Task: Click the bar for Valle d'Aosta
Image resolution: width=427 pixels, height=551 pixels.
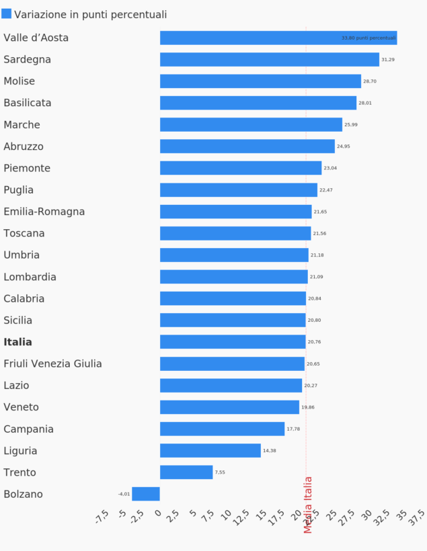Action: tap(278, 38)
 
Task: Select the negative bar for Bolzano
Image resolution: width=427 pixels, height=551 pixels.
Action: tap(146, 494)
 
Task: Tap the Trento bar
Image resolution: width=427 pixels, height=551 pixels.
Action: tap(186, 472)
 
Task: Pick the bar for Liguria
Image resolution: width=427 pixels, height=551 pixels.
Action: tap(210, 451)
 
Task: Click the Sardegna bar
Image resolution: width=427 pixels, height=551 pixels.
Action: tap(269, 60)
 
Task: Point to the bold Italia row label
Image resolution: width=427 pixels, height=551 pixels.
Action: tap(18, 342)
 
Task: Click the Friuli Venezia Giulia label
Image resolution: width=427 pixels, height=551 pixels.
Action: tap(53, 364)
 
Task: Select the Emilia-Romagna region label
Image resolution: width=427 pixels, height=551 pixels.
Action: tap(44, 212)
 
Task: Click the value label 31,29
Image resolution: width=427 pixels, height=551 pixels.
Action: tap(388, 60)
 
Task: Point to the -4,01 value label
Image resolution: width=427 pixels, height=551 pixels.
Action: tap(124, 494)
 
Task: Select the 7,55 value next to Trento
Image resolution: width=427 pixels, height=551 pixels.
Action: tap(220, 472)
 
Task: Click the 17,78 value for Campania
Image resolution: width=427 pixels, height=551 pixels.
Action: tap(293, 429)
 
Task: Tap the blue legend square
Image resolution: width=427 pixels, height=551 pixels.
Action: tap(7, 13)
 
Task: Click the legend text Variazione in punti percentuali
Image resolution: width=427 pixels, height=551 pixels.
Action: tap(91, 15)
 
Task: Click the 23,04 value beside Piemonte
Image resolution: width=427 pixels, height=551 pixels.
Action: tap(330, 169)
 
